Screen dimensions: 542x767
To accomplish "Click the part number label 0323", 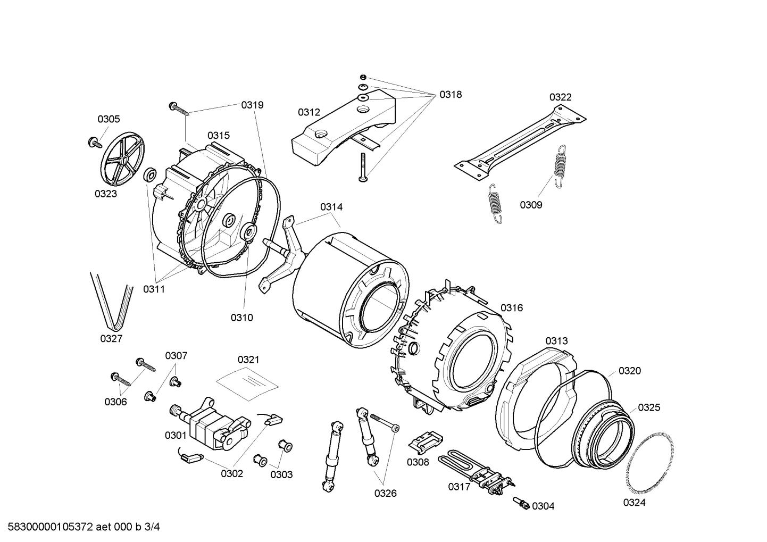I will point(106,194).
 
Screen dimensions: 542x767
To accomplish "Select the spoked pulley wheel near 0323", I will point(122,159).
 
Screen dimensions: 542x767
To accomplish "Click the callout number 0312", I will point(309,112).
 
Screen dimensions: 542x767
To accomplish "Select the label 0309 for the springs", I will point(531,205).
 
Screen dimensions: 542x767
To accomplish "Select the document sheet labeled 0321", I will point(247,380).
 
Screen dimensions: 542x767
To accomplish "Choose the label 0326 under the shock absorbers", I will point(385,493).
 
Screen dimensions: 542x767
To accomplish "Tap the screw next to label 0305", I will point(95,142).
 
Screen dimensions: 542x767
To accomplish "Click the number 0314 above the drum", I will point(331,207).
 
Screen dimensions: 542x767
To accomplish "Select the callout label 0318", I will point(450,95).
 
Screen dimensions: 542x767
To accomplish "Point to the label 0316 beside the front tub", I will point(511,307).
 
